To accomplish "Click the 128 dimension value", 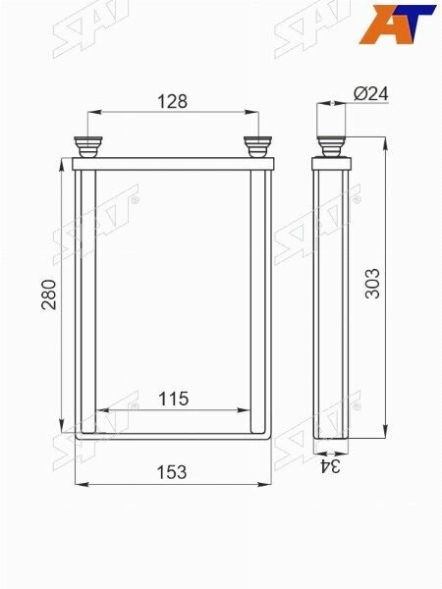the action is (172, 101).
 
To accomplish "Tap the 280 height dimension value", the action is (49, 294).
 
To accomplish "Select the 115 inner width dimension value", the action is (173, 399).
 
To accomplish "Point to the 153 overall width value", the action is (171, 472).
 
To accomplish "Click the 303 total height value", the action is (373, 284).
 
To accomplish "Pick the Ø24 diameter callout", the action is (371, 93).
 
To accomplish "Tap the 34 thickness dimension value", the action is (330, 466).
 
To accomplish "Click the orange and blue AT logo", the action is (397, 25).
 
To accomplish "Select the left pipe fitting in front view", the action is (88, 147).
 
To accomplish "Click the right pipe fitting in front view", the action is (257, 147).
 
